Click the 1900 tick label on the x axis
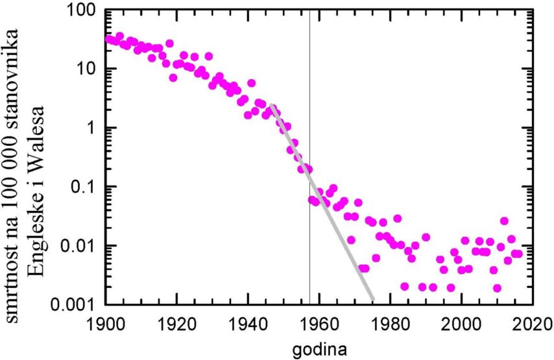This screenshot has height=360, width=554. click(x=105, y=322)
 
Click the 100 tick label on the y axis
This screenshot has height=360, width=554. click(x=82, y=12)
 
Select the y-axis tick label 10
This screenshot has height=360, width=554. click(x=87, y=69)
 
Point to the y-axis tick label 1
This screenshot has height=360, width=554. click(x=93, y=128)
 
